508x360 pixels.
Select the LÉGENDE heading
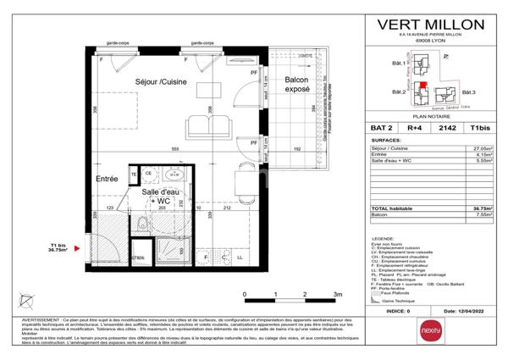pyautogui.click(x=383, y=239)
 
